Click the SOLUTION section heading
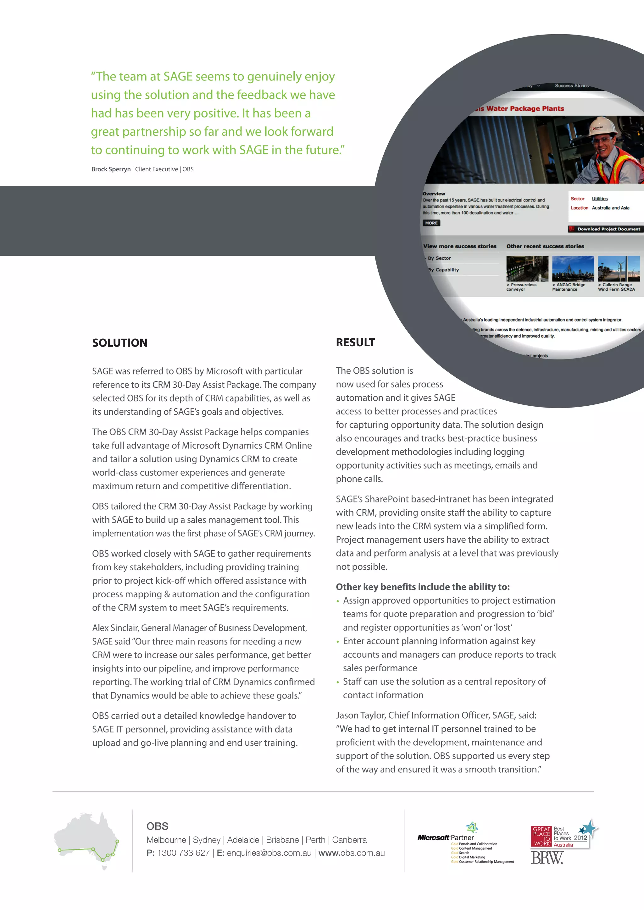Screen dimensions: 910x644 pyautogui.click(x=119, y=343)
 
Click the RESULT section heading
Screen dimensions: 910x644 pyautogui.click(x=355, y=343)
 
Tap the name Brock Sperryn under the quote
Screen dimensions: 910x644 pyautogui.click(x=111, y=169)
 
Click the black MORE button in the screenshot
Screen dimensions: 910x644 pyautogui.click(x=431, y=223)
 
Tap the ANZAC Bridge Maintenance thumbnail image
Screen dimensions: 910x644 pyautogui.click(x=573, y=268)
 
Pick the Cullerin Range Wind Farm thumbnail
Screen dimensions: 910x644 pyautogui.click(x=619, y=268)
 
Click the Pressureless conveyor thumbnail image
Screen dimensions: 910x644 pyautogui.click(x=527, y=268)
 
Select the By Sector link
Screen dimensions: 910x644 pyautogui.click(x=439, y=258)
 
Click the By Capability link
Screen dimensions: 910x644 pyautogui.click(x=443, y=270)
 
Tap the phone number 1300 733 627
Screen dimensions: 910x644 pyautogui.click(x=183, y=853)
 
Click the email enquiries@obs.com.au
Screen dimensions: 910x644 pyautogui.click(x=269, y=853)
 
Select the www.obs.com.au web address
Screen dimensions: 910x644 pyautogui.click(x=351, y=853)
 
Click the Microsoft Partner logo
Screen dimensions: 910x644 pyautogui.click(x=445, y=837)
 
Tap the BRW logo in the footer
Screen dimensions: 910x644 pyautogui.click(x=547, y=858)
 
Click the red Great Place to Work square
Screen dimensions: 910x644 pyautogui.click(x=541, y=836)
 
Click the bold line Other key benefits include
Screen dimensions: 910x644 pyautogui.click(x=422, y=587)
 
